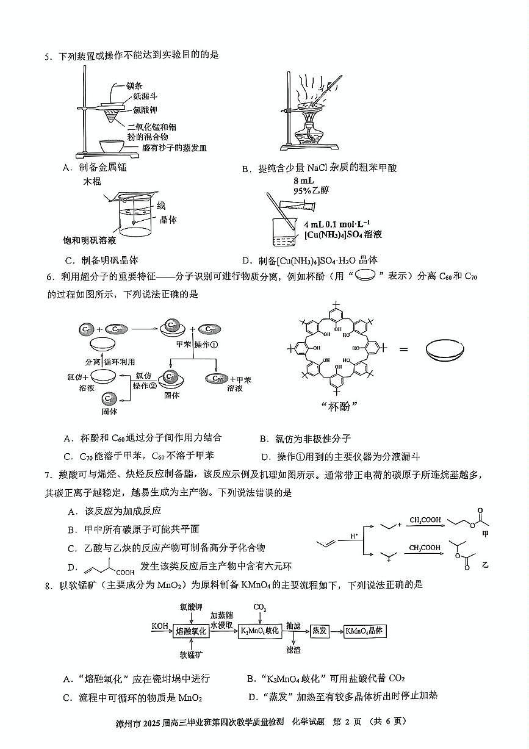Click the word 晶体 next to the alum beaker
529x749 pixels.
point(168,220)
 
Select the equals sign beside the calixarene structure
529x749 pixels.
point(404,349)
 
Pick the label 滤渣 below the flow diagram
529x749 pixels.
point(293,650)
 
